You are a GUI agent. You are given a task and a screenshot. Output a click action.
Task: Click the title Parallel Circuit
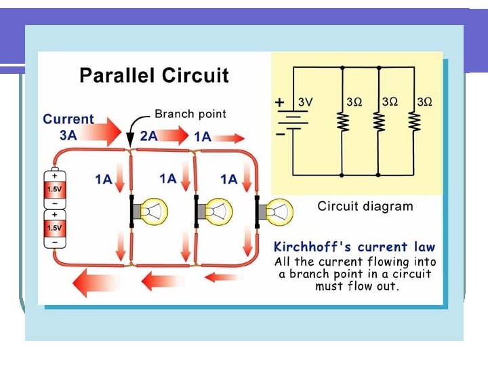(154, 75)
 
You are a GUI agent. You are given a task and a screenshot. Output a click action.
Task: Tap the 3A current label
(68, 135)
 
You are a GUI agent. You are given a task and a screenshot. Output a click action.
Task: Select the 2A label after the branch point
(148, 136)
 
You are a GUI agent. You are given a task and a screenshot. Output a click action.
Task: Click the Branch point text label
(190, 114)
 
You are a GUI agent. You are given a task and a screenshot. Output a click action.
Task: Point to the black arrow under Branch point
(132, 134)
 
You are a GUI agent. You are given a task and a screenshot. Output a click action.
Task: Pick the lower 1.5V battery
(54, 228)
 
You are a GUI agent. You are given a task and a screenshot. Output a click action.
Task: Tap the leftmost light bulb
(152, 212)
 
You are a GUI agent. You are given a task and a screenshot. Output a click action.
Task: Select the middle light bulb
(216, 212)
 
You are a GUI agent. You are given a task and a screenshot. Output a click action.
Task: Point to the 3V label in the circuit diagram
(306, 102)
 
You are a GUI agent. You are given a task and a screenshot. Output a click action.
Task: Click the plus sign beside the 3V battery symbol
(280, 102)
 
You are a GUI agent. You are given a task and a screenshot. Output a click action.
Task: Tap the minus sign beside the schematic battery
(280, 134)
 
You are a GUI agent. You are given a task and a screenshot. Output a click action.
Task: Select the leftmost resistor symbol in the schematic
(342, 122)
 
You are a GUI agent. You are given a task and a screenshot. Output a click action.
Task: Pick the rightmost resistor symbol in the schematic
(414, 122)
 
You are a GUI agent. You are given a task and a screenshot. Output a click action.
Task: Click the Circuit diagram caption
(365, 206)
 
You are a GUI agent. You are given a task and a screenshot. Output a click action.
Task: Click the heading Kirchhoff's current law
(354, 247)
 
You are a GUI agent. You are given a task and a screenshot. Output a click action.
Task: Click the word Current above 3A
(68, 119)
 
